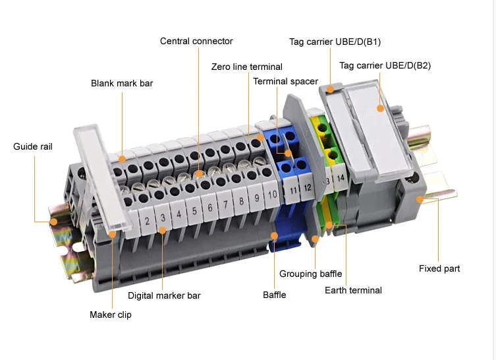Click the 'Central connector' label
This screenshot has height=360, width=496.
196,41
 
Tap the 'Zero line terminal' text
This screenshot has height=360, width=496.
246,67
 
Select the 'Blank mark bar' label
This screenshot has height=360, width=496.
122,83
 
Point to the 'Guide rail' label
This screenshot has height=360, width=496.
33,146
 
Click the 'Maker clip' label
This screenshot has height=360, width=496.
111,315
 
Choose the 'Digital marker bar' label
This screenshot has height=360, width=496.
164,295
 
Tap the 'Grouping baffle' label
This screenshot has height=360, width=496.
307,274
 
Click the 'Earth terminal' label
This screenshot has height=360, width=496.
353,290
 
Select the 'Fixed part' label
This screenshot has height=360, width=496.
439,268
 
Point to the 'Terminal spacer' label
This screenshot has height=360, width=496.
285,81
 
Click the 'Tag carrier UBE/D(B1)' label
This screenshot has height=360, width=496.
335,42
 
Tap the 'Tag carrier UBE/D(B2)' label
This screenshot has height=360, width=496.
385,65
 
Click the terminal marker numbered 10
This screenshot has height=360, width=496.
271,195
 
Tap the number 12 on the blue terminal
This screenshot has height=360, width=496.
307,188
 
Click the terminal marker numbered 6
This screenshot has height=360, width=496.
210,208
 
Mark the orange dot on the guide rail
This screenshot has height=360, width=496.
54,222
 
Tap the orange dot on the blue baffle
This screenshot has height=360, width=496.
275,235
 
